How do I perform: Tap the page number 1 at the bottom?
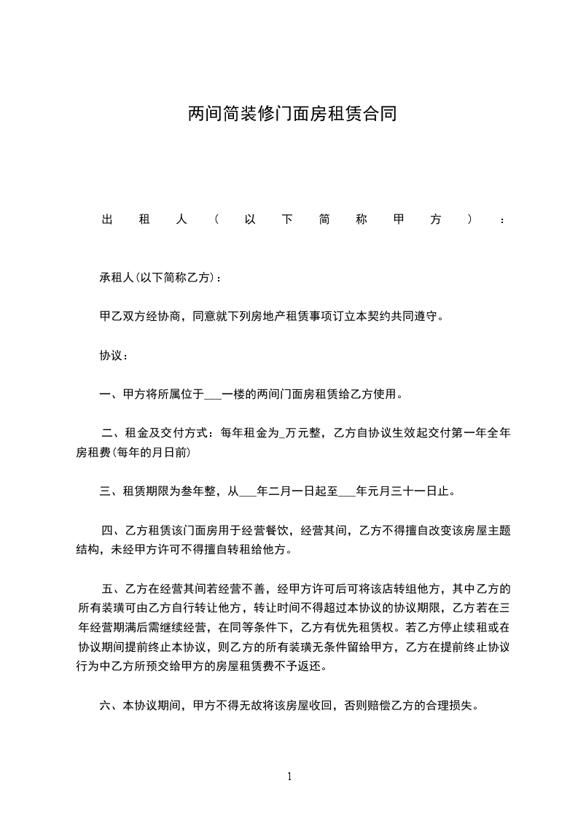[x=289, y=776]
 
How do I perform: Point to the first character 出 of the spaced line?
[x=106, y=219]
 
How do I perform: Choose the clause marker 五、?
[x=115, y=588]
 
